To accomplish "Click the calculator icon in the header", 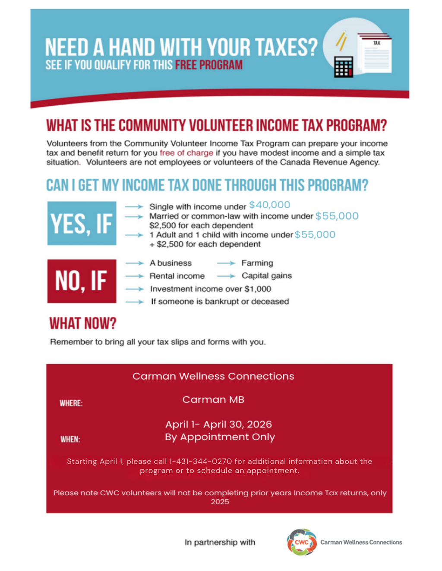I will point(344,67).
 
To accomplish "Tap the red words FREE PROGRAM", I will point(208,65).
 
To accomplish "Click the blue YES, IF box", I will point(82,223).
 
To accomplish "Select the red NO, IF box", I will point(82,281).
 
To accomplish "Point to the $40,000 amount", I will point(270,205).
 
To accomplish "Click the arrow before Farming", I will point(226,263).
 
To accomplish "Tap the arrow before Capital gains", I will point(226,276).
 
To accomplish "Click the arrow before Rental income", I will point(134,276).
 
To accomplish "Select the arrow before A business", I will point(134,263).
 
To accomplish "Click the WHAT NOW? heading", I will point(83,323).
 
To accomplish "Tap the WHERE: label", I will point(71,403).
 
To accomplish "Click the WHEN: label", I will point(70,440).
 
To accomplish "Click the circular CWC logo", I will point(302,542).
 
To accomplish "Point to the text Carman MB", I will point(213,399).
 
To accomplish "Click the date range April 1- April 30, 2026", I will point(218,424).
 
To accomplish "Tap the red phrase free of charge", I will point(186,153).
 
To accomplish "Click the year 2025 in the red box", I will point(220,502).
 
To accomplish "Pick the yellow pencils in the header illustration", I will point(341,41).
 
